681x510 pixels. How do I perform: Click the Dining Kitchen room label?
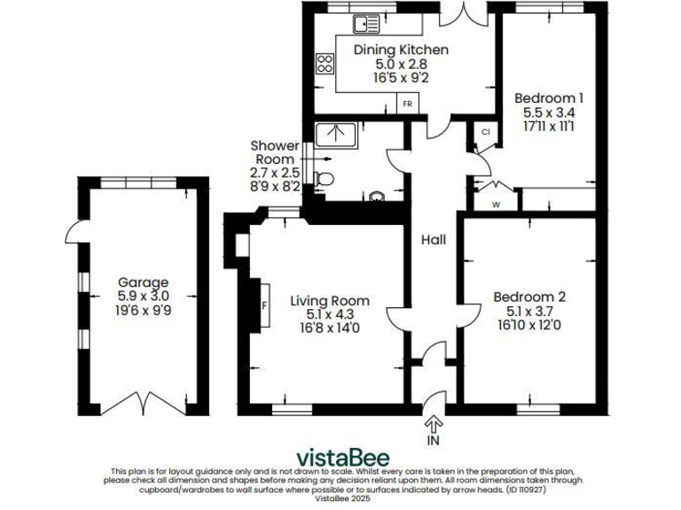point(401,50)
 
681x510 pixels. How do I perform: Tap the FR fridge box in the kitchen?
point(408,104)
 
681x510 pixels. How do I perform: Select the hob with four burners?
point(325,64)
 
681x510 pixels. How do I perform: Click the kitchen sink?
point(371,23)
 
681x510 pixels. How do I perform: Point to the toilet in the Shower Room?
point(325,178)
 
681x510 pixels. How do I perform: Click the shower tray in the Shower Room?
point(336,134)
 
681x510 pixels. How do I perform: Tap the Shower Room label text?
point(272,152)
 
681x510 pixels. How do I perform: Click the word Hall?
point(434,240)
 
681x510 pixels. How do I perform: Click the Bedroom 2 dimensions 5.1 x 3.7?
point(529,312)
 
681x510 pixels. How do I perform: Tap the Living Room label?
point(330,300)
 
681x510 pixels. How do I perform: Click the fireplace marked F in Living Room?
point(263,305)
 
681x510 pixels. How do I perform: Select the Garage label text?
point(144,282)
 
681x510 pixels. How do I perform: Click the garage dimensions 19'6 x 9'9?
point(144,311)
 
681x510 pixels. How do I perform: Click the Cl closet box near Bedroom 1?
point(485,132)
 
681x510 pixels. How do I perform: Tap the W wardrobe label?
point(496,203)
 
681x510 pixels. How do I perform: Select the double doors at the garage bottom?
point(144,406)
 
